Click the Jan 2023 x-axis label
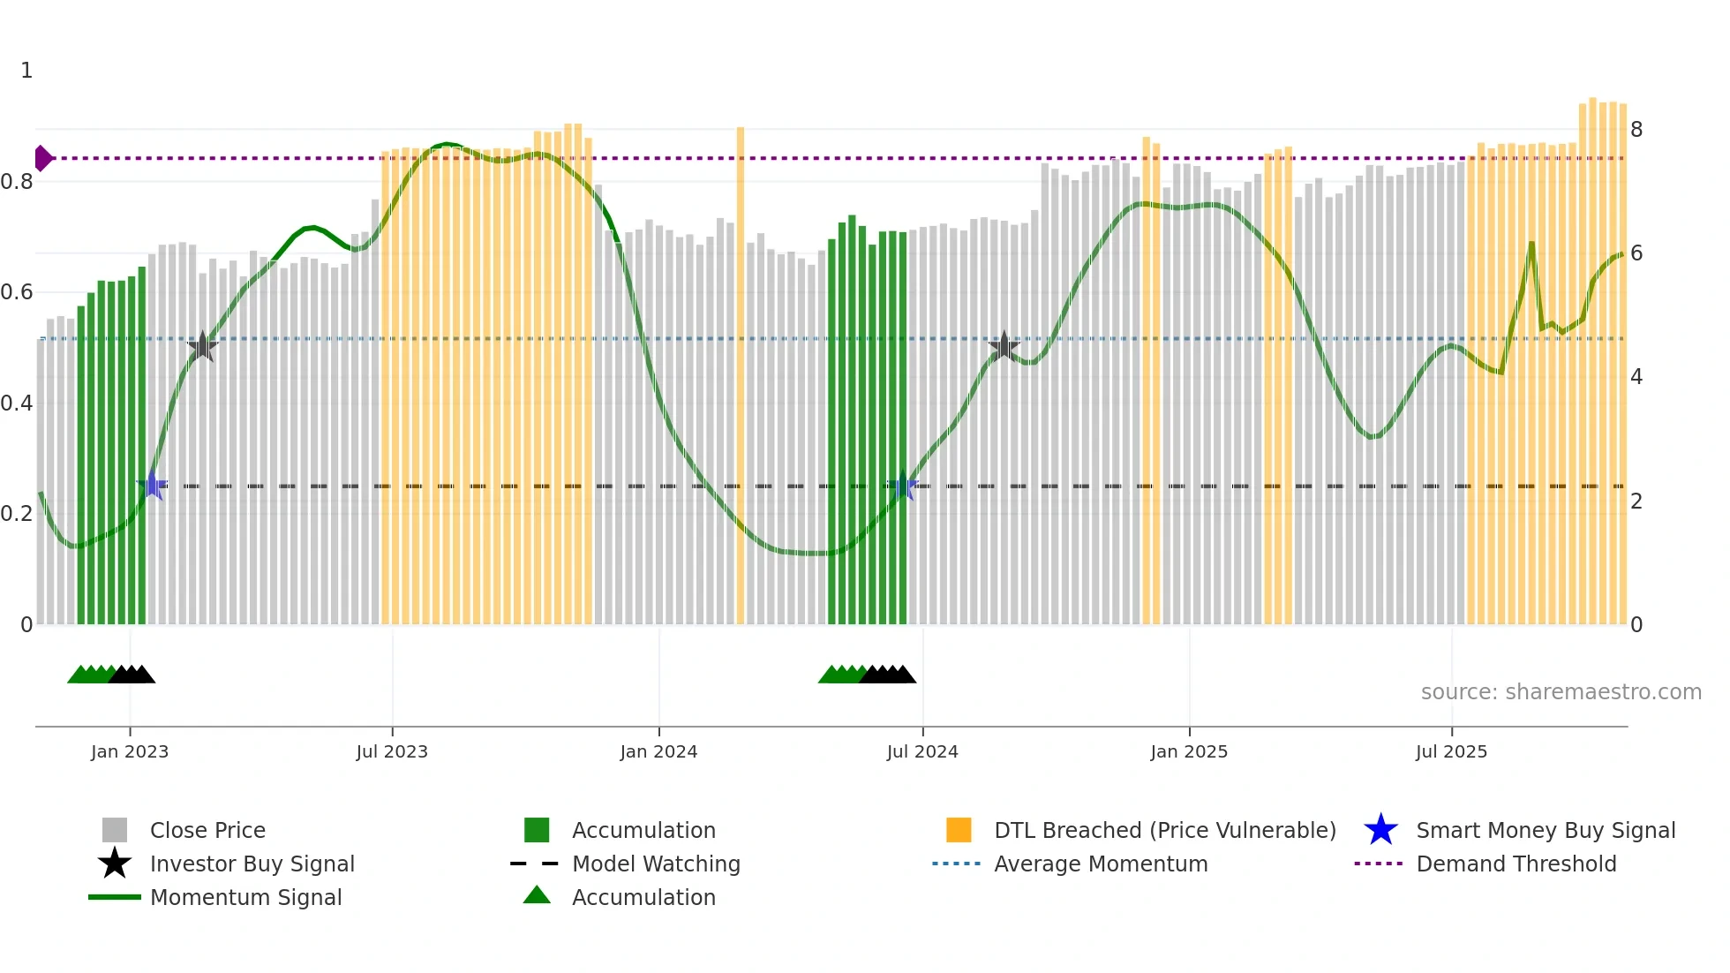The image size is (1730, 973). (129, 751)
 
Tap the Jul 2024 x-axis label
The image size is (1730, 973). (922, 751)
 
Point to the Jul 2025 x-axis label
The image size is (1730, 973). (1451, 751)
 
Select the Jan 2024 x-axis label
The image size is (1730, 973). (658, 751)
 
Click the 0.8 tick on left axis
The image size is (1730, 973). (17, 182)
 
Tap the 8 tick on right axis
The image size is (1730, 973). (1636, 130)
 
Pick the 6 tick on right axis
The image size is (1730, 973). (1636, 253)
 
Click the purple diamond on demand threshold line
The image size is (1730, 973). (42, 158)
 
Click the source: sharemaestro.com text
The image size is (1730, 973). (1561, 692)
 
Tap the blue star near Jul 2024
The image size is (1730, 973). (902, 486)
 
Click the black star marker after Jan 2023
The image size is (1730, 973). (202, 346)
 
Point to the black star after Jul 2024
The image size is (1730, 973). (1004, 346)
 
